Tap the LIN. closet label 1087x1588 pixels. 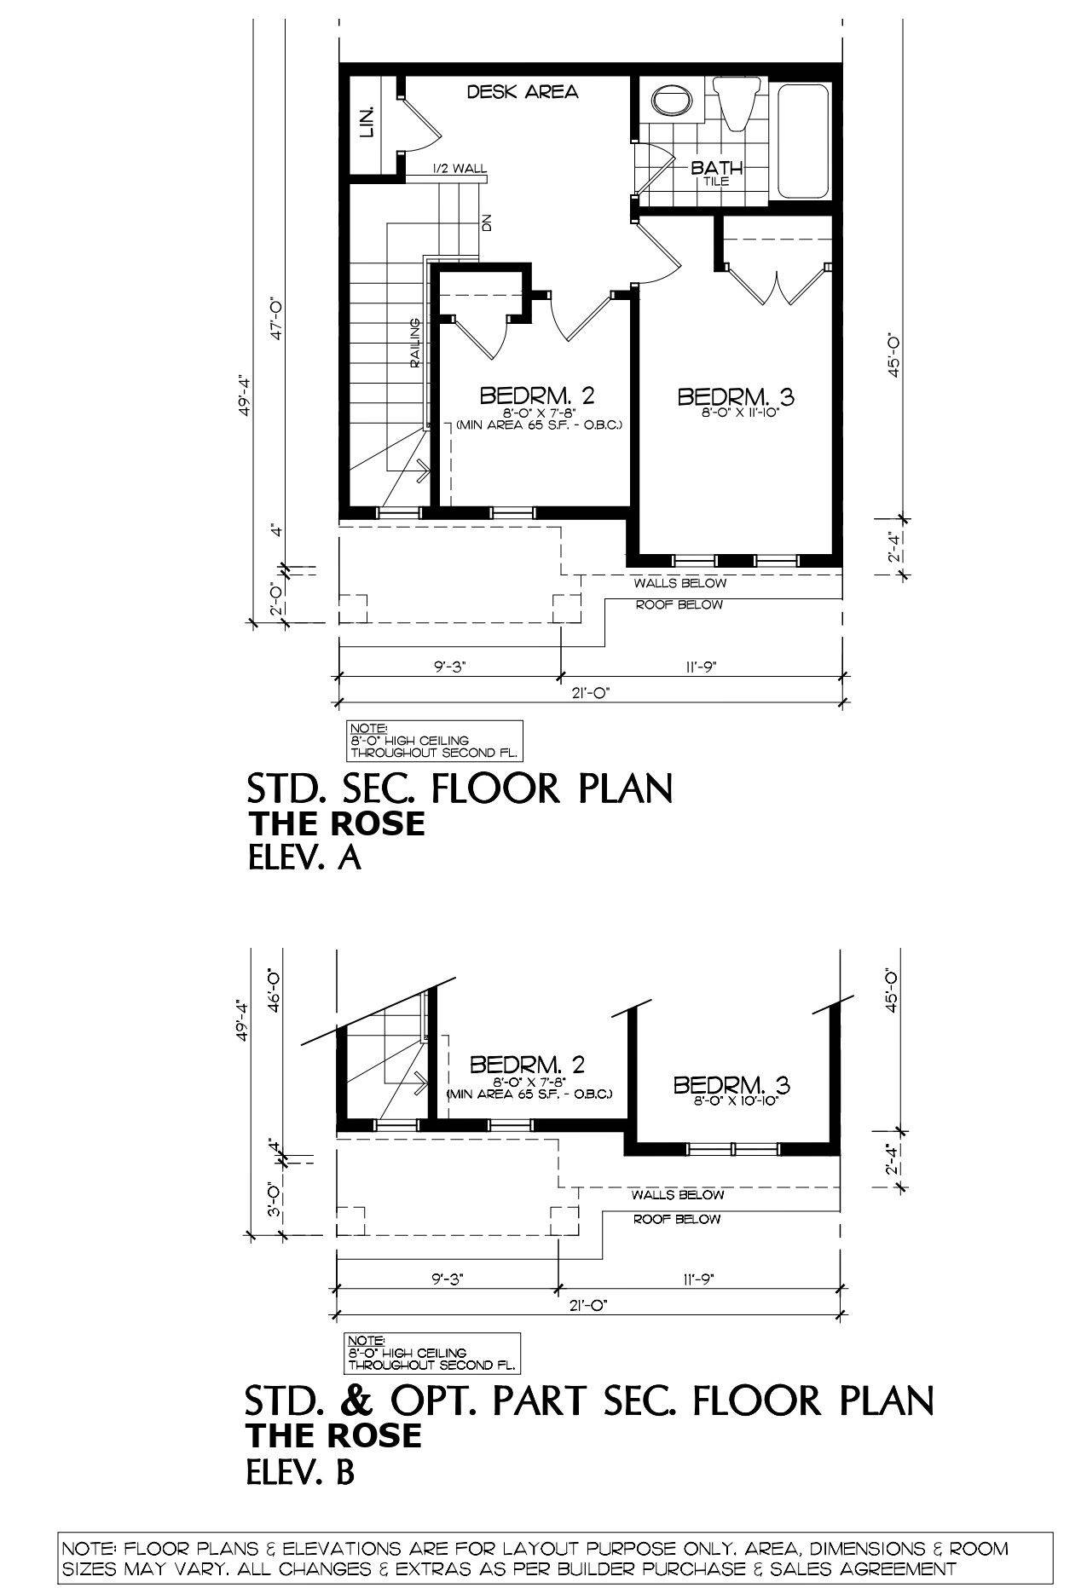coord(368,123)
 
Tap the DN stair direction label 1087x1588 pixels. coord(487,223)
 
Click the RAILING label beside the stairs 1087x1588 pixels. coord(415,342)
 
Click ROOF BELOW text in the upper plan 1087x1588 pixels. coord(679,604)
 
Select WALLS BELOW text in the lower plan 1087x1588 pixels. coord(678,1195)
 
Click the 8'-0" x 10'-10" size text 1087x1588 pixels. coord(731,1101)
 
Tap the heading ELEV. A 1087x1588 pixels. coord(304,858)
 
